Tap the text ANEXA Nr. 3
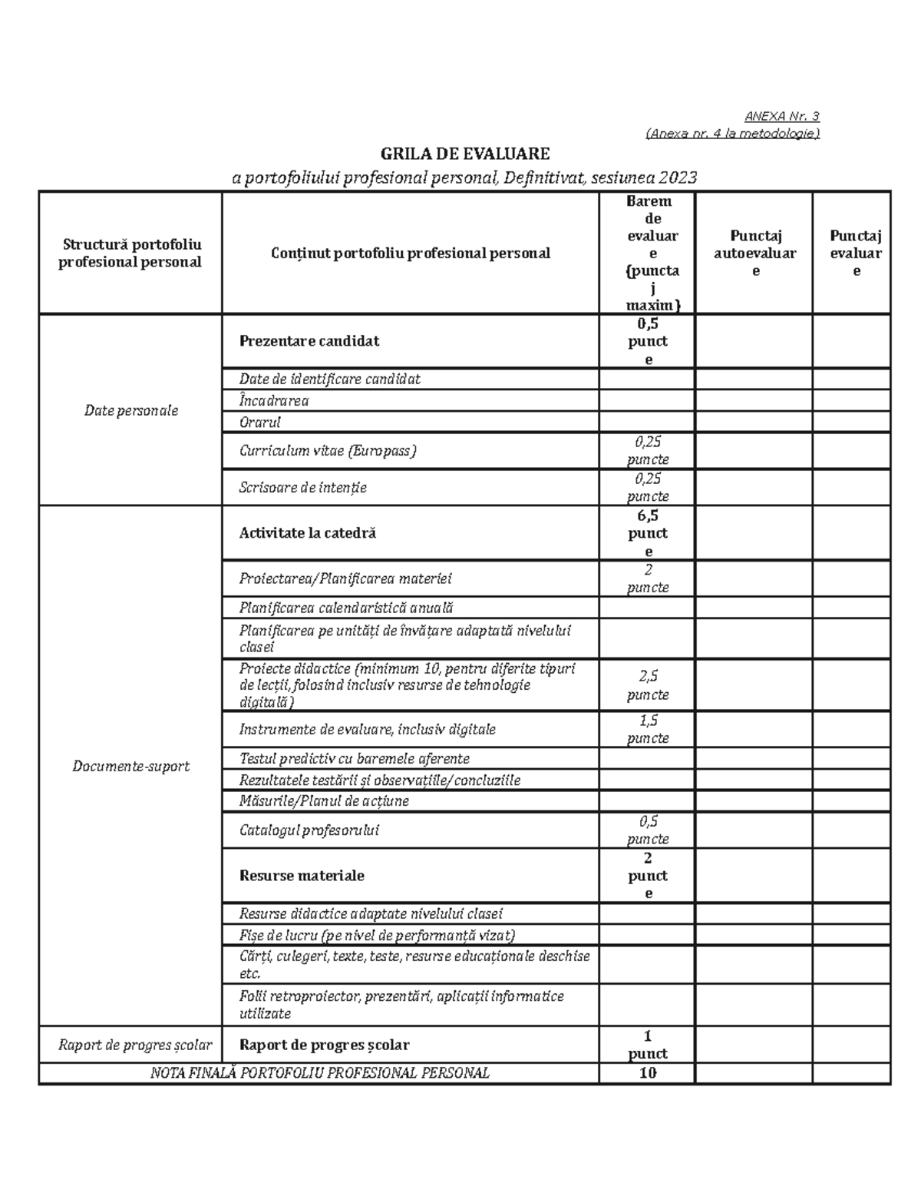coord(781,117)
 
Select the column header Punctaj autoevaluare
coord(754,253)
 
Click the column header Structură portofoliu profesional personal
coord(130,253)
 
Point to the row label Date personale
coord(130,410)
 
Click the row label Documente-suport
coord(130,766)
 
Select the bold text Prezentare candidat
coord(309,341)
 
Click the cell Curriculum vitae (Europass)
coord(328,451)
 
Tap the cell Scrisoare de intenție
coord(303,487)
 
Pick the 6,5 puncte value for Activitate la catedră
coord(648,533)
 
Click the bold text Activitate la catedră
coord(308,533)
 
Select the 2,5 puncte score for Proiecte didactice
coord(648,685)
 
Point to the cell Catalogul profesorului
coord(309,830)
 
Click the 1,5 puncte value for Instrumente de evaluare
coord(648,729)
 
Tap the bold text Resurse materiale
coord(302,876)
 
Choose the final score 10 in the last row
coord(648,1073)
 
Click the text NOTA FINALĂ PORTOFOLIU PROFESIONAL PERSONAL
coord(319,1073)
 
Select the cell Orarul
coord(260,422)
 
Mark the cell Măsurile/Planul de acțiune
coord(324,801)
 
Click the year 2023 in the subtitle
coord(678,178)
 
